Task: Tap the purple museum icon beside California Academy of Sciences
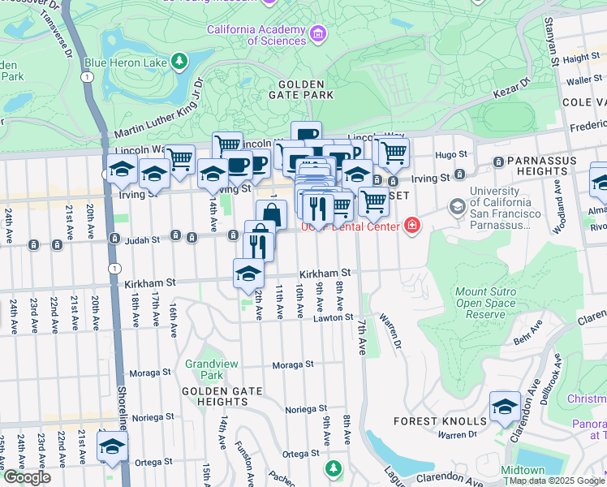318,34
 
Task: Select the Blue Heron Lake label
125,62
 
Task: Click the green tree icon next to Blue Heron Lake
179,62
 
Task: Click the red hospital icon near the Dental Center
412,224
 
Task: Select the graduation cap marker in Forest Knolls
505,406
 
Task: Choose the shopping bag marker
272,215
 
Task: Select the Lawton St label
333,318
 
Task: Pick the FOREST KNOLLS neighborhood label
439,421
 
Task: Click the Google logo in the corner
28,477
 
